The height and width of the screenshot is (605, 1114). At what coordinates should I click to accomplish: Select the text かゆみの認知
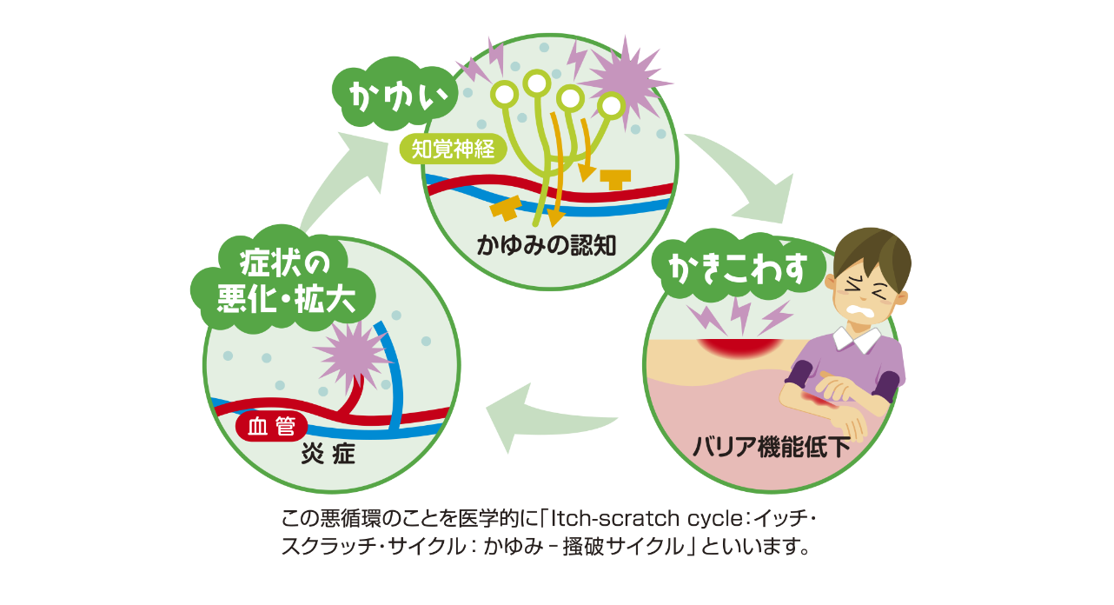coord(546,245)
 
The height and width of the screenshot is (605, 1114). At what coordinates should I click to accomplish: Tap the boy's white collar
coord(857,340)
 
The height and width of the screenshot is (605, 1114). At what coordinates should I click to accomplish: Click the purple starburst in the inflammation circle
coord(352,352)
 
